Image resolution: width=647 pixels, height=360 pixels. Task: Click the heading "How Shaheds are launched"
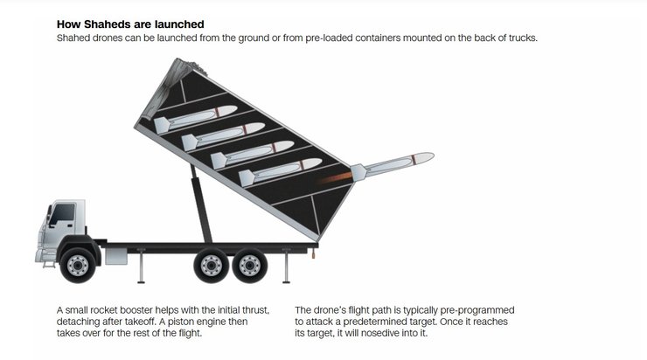pyautogui.click(x=130, y=24)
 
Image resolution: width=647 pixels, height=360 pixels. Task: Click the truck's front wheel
pyautogui.click(x=78, y=265)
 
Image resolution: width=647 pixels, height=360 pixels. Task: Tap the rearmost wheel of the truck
pyautogui.click(x=250, y=265)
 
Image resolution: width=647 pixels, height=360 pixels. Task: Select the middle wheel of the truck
pyautogui.click(x=211, y=265)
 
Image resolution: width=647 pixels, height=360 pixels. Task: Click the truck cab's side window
pyautogui.click(x=62, y=214)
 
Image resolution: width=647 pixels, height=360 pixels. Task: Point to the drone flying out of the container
pyautogui.click(x=392, y=166)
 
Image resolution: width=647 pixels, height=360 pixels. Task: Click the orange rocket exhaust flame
pyautogui.click(x=335, y=178)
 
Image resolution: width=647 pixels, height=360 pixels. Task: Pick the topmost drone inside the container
pyautogui.click(x=195, y=119)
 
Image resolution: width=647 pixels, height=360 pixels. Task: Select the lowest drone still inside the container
pyautogui.click(x=280, y=171)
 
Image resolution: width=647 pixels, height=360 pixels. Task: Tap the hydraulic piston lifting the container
pyautogui.click(x=201, y=204)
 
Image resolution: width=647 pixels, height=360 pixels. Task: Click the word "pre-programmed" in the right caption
pyautogui.click(x=477, y=310)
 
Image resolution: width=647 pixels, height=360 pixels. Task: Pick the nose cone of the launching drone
pyautogui.click(x=425, y=158)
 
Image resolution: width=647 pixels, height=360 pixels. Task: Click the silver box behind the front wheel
pyautogui.click(x=116, y=257)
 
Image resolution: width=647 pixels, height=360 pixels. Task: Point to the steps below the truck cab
pyautogui.click(x=49, y=262)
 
